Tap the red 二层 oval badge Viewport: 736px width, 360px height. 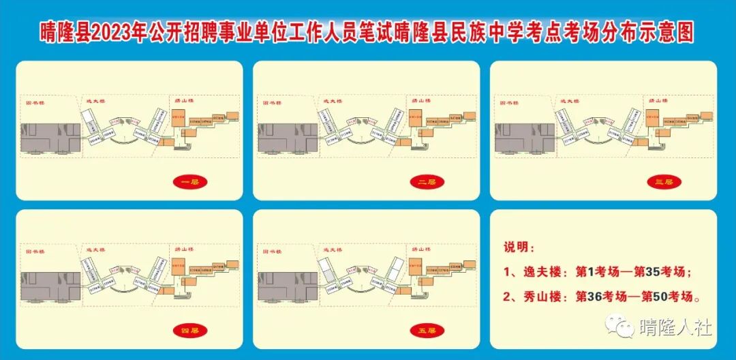coord(427,182)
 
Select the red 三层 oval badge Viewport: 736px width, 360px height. coord(664,182)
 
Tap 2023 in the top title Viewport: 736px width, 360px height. coord(110,32)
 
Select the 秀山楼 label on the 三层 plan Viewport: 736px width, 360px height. coord(656,101)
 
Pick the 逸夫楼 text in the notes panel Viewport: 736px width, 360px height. coord(541,272)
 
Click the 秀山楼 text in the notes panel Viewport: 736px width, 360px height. coord(541,297)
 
